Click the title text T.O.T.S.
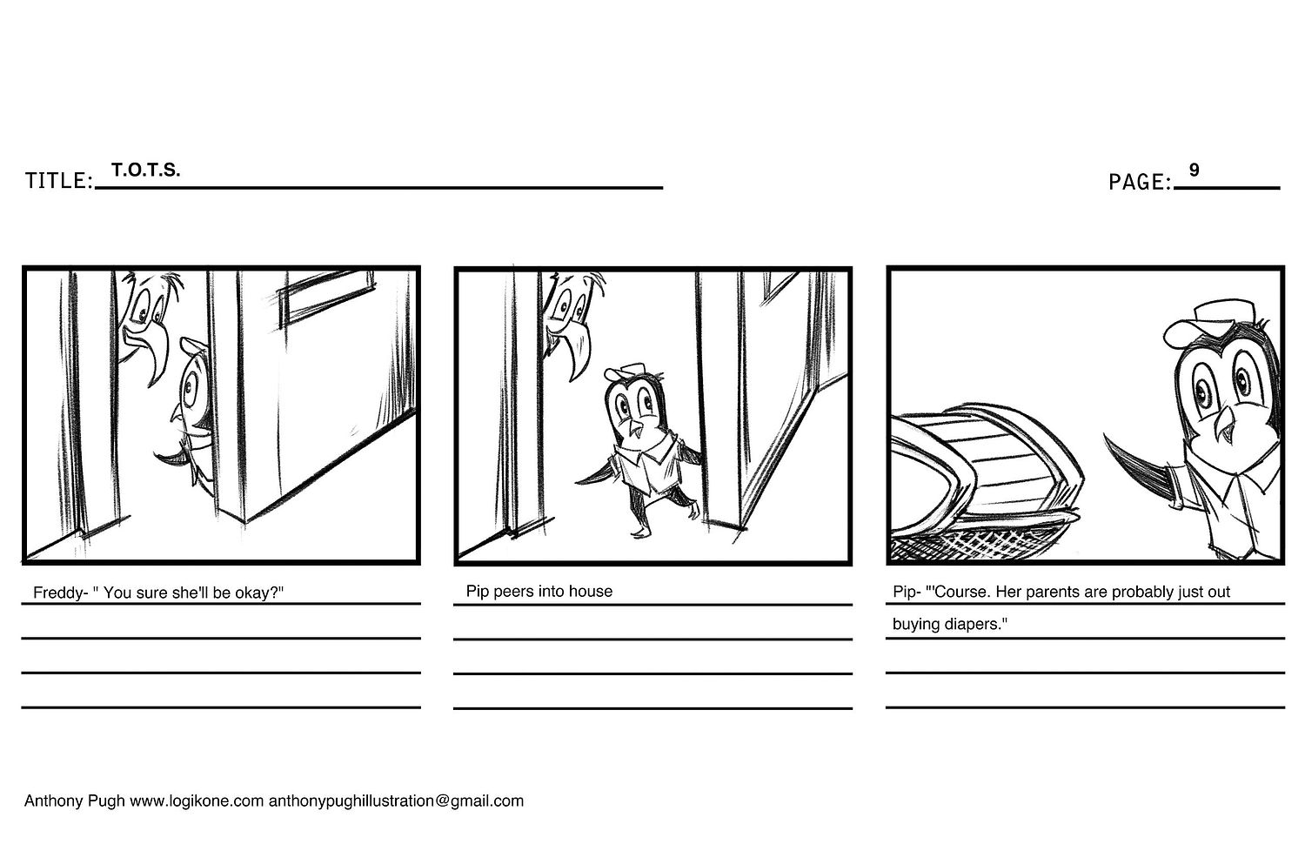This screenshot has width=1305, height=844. pyautogui.click(x=145, y=170)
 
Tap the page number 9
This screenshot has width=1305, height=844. pyautogui.click(x=1194, y=170)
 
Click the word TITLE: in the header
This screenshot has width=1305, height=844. pyautogui.click(x=59, y=181)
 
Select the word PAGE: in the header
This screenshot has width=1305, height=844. pyautogui.click(x=1139, y=182)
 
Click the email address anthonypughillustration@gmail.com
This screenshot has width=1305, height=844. pyautogui.click(x=396, y=800)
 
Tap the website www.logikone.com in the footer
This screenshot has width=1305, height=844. pyautogui.click(x=197, y=800)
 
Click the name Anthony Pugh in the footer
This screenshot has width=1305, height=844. pyautogui.click(x=74, y=800)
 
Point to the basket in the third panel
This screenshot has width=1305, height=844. pyautogui.click(x=985, y=483)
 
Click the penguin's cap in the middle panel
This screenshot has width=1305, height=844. pyautogui.click(x=625, y=372)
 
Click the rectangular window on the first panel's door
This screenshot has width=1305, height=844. pyautogui.click(x=326, y=298)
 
